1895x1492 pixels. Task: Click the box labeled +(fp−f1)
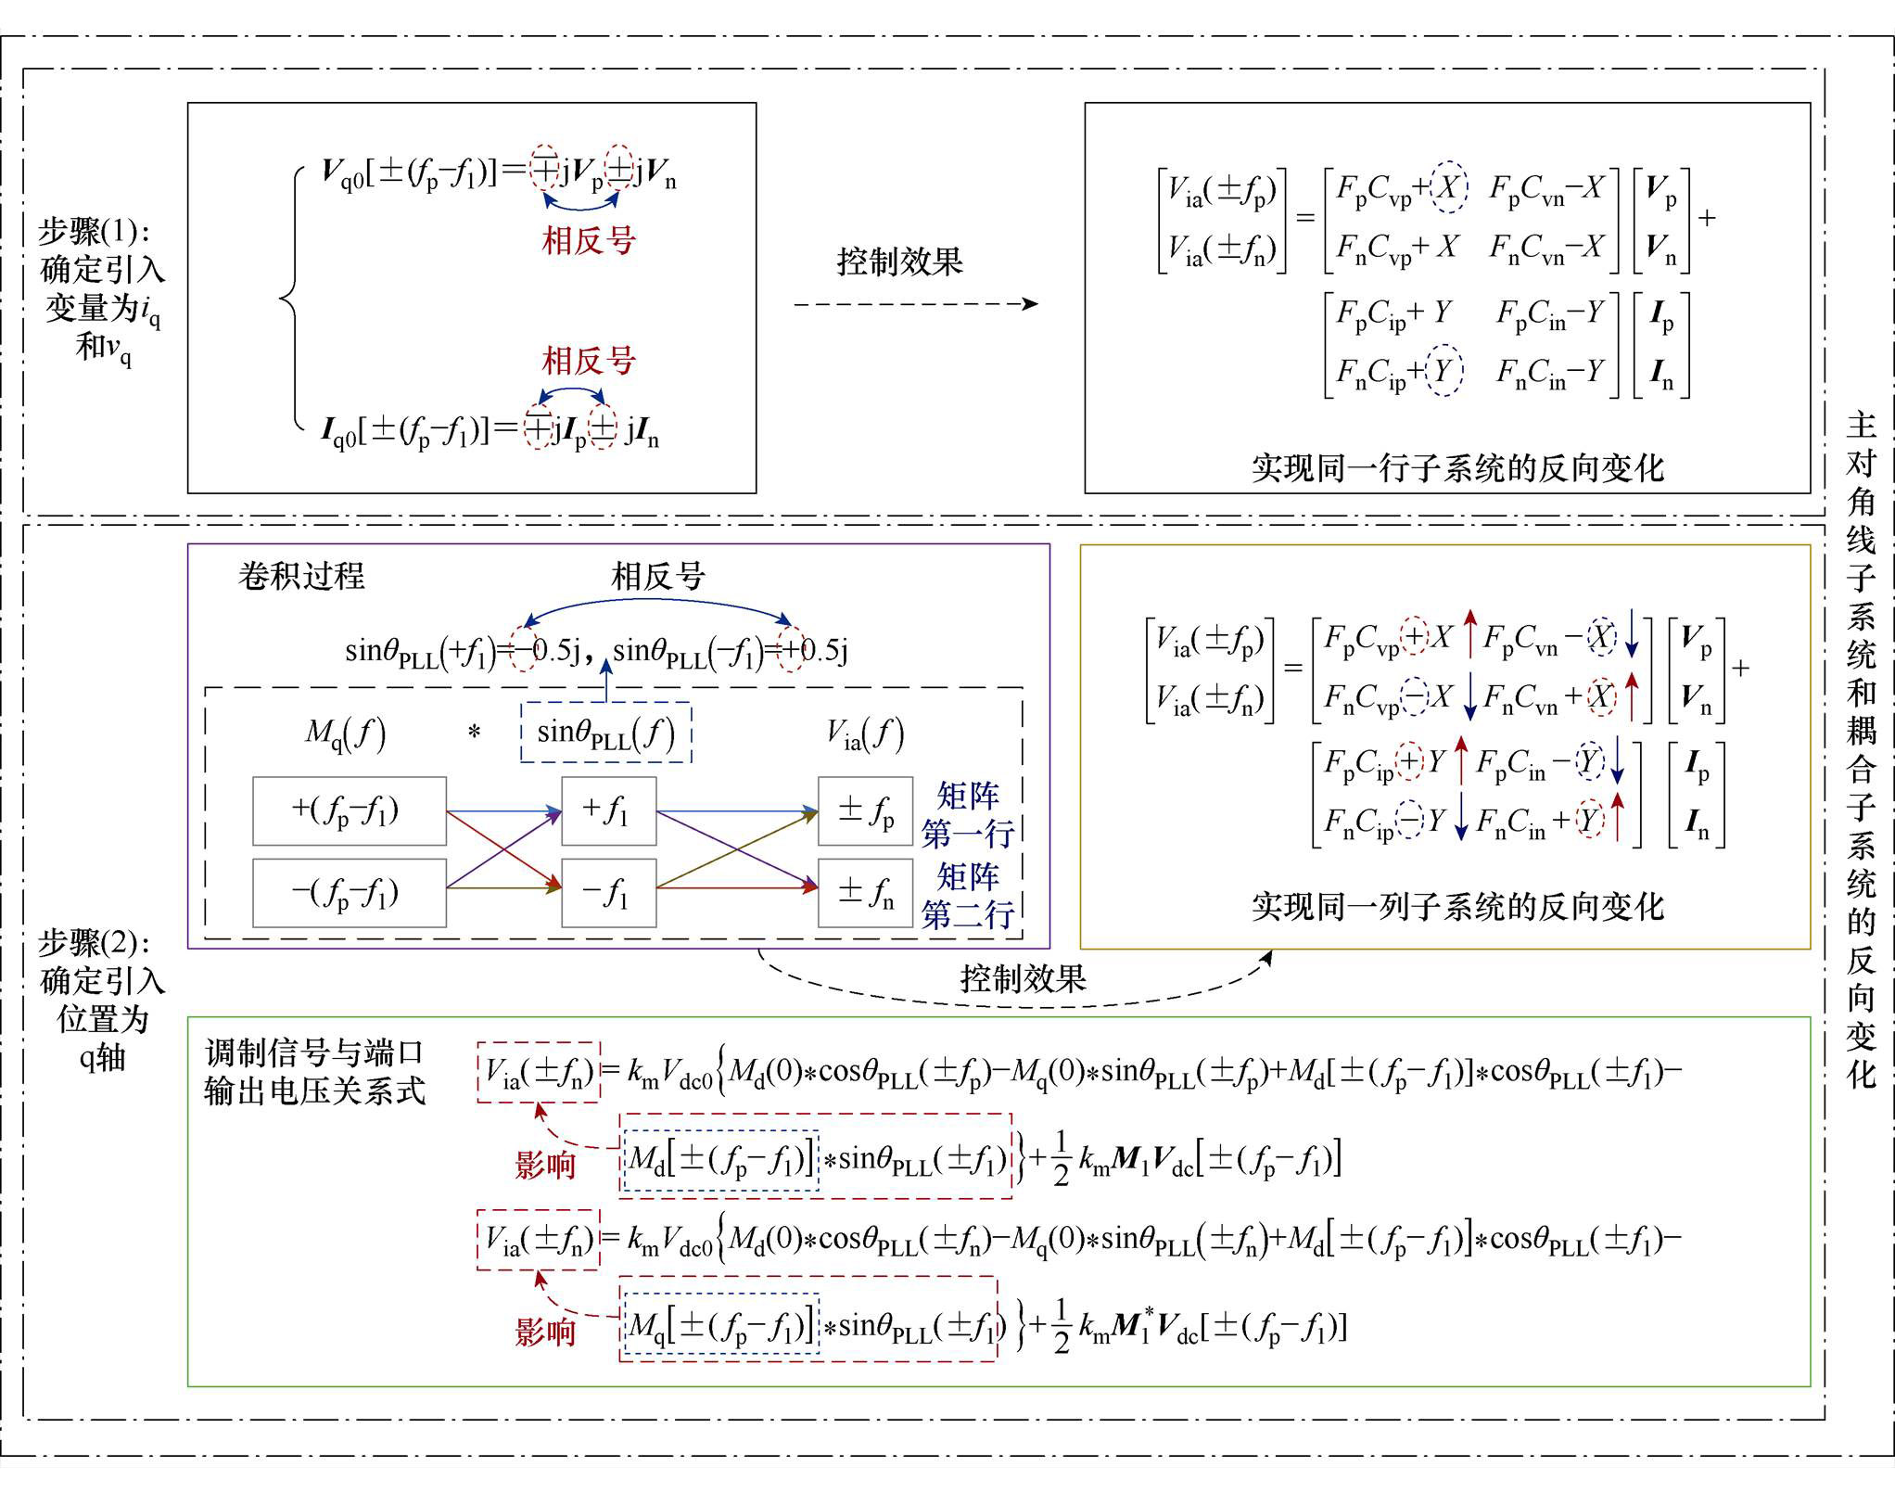[x=350, y=811]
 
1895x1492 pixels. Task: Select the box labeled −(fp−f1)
[x=350, y=893]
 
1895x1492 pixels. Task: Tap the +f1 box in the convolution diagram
[x=609, y=811]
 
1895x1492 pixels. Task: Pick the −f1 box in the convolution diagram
[x=609, y=893]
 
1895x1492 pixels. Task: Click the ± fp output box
[x=865, y=811]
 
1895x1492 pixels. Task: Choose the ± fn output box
[x=865, y=893]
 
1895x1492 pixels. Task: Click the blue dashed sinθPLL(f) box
[x=606, y=733]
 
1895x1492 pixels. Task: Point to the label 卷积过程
[x=301, y=576]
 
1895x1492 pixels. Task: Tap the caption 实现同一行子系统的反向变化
[x=1457, y=467]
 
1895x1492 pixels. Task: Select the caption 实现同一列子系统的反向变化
[x=1457, y=906]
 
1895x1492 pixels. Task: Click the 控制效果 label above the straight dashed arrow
[x=900, y=261]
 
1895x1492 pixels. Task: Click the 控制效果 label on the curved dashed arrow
[x=1024, y=978]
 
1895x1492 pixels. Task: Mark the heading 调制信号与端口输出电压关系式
[x=315, y=1072]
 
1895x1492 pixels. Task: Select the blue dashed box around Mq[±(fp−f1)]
[x=722, y=1324]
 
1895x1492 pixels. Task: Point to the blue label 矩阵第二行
[x=968, y=896]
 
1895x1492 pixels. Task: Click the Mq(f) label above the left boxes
[x=345, y=734]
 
